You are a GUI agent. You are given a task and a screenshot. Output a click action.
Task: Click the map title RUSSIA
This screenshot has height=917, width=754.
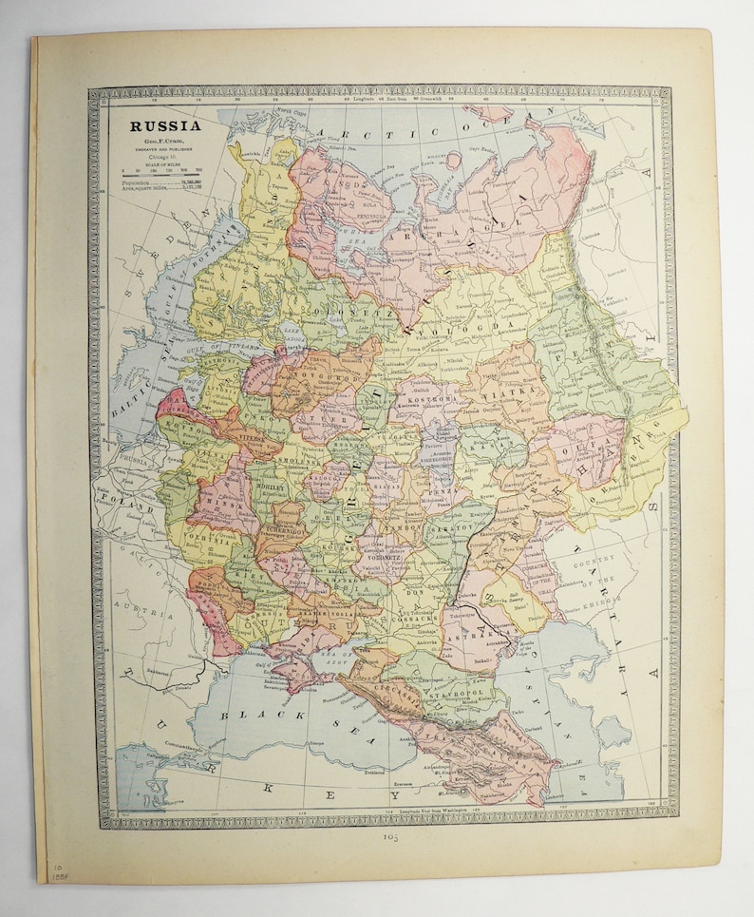coord(159,124)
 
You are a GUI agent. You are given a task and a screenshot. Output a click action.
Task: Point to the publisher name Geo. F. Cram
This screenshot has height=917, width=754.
coord(158,141)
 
